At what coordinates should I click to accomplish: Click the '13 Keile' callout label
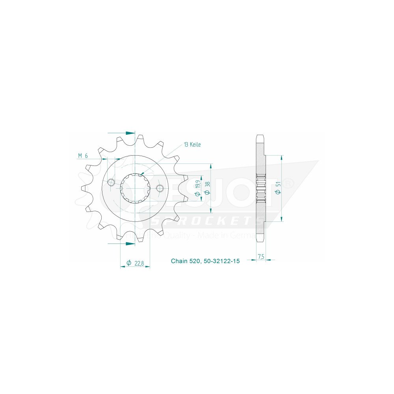point(192,145)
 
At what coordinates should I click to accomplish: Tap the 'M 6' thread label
point(83,156)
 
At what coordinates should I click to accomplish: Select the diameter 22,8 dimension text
point(136,263)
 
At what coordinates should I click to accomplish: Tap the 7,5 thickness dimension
point(261,256)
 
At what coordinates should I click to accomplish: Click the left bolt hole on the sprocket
point(111,182)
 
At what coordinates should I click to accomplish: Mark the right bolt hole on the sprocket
point(160,188)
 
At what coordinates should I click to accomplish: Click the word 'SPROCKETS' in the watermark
point(201,222)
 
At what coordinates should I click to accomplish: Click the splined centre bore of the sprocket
point(135,188)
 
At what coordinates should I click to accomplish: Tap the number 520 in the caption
point(196,261)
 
